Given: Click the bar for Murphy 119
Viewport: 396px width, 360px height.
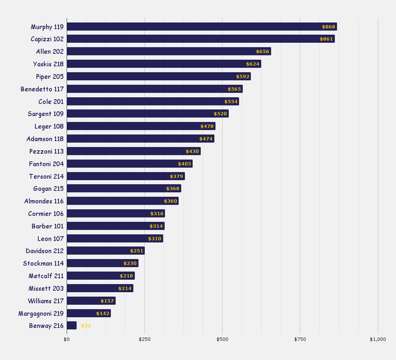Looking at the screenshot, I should pos(201,27).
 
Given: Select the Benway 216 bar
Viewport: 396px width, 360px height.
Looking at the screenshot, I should pos(71,325).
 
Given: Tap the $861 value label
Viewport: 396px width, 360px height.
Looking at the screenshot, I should pos(326,39).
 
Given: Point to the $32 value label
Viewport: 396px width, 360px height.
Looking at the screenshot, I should pos(86,326).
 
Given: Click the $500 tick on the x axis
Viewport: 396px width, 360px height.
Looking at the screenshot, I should pos(222,339).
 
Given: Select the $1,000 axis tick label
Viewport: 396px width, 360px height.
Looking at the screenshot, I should pos(378,339).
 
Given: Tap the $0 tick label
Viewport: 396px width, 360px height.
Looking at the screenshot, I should pos(67,339).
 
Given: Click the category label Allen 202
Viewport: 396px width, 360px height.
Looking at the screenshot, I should pos(50,52).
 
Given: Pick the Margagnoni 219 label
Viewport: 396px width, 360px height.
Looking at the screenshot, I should pos(41,314).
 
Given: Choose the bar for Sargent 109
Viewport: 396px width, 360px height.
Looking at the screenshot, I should pos(147,113).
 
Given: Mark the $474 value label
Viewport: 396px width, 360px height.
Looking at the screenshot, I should pos(206,139).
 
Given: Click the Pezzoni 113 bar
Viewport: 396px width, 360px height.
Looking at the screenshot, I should pos(133,151).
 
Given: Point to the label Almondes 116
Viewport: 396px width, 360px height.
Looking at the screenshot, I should pos(44,201).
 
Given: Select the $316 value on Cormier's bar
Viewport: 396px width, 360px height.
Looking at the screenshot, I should pos(157,214).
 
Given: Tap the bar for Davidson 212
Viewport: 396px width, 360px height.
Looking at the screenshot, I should pos(105,251).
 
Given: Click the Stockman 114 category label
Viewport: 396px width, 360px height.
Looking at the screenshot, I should pos(43,263).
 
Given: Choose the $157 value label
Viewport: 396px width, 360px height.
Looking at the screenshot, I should pos(107,301).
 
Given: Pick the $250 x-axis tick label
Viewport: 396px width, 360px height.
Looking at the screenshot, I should pos(144,339).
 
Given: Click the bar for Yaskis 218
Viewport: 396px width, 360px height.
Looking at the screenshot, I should pos(164,64).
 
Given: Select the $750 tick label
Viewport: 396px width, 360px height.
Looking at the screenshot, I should pos(300,339).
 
